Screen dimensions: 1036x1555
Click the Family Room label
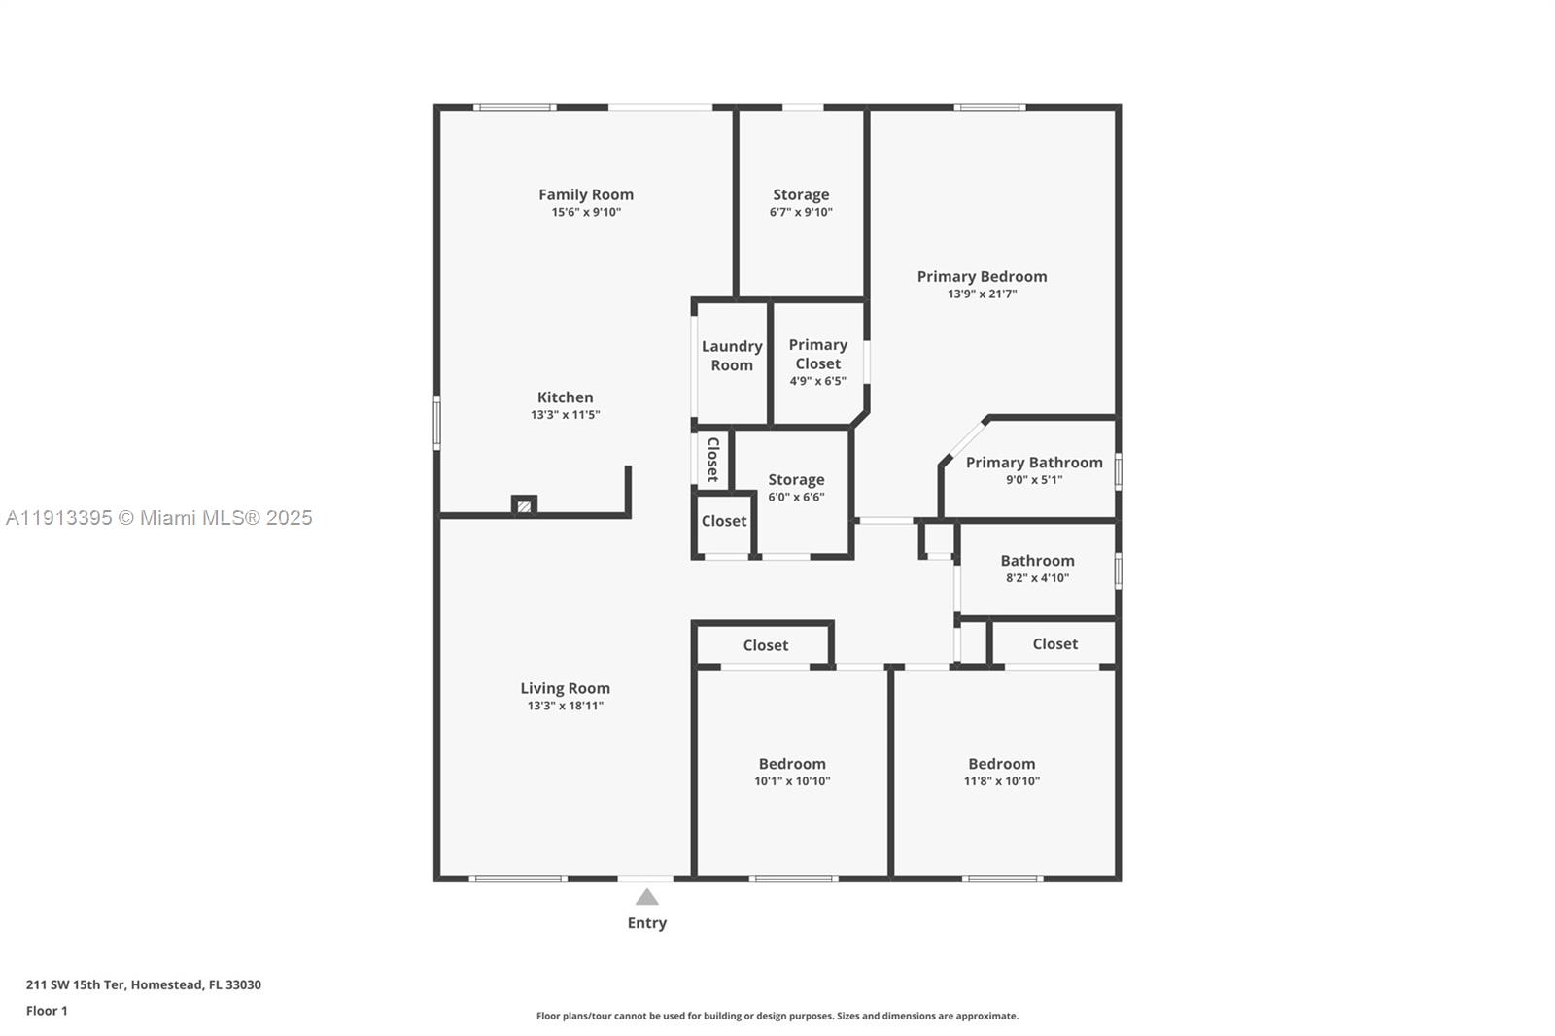point(586,194)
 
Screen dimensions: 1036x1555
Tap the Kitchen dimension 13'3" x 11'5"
point(565,415)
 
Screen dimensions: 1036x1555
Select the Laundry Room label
point(732,356)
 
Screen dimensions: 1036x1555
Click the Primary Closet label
point(817,354)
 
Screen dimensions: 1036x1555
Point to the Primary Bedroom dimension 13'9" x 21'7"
point(982,294)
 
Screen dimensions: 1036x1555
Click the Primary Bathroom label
point(1034,463)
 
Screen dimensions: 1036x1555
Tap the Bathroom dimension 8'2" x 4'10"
point(1037,577)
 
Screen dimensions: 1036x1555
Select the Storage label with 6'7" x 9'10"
point(801,194)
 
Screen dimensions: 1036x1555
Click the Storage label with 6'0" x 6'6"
point(796,479)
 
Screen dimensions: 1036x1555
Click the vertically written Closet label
point(712,459)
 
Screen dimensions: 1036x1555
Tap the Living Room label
point(565,688)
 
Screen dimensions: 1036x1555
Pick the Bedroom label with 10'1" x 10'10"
point(792,764)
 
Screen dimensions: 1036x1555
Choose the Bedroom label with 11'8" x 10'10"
point(1001,764)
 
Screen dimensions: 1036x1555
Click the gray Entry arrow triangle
point(646,897)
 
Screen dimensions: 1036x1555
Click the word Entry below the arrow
point(646,923)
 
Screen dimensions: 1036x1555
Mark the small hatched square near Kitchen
point(524,505)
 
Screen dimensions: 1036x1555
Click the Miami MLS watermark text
point(158,518)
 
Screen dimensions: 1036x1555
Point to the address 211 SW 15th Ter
point(143,984)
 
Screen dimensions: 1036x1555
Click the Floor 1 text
point(47,1011)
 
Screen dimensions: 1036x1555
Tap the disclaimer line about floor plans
point(777,1016)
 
